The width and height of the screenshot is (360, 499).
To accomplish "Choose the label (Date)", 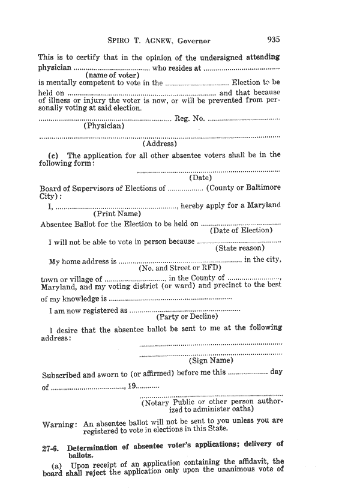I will click(200, 178).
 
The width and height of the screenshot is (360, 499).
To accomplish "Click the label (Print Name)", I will click(118, 214).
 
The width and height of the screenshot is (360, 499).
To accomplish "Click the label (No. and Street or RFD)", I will click(180, 268).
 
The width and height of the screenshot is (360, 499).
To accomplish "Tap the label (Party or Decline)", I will click(187, 316).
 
